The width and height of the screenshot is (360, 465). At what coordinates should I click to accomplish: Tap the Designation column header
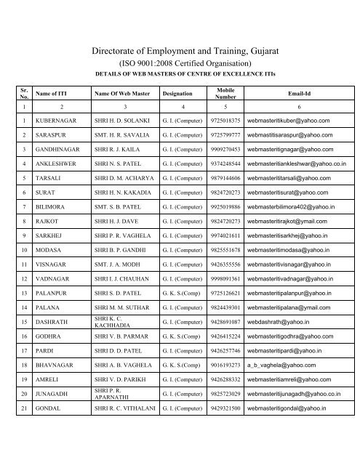[183, 92]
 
